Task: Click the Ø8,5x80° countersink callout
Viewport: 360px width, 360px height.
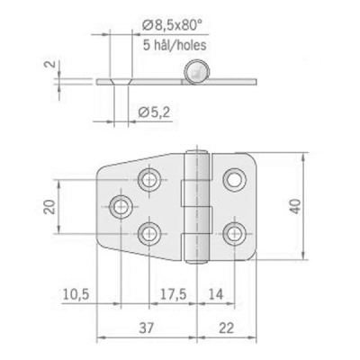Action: pos(171,26)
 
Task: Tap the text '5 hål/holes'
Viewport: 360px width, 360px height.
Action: pos(175,45)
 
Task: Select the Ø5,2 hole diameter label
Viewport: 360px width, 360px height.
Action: pos(154,112)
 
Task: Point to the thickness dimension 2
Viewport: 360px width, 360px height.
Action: pos(51,64)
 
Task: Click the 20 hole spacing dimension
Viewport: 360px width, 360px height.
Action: pos(50,207)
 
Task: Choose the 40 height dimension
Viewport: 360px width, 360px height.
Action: pos(295,206)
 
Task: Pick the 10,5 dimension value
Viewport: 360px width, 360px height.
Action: pos(76,294)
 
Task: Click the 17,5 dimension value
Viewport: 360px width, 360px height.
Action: pos(173,294)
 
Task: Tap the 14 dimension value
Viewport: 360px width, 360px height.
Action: pos(216,294)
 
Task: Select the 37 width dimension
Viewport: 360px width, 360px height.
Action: pos(147,328)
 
